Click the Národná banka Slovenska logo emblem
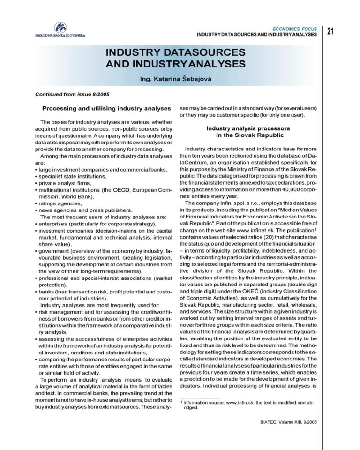[60, 27]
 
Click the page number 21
[330, 31]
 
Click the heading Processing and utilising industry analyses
[106, 108]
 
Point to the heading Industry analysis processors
[248, 128]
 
